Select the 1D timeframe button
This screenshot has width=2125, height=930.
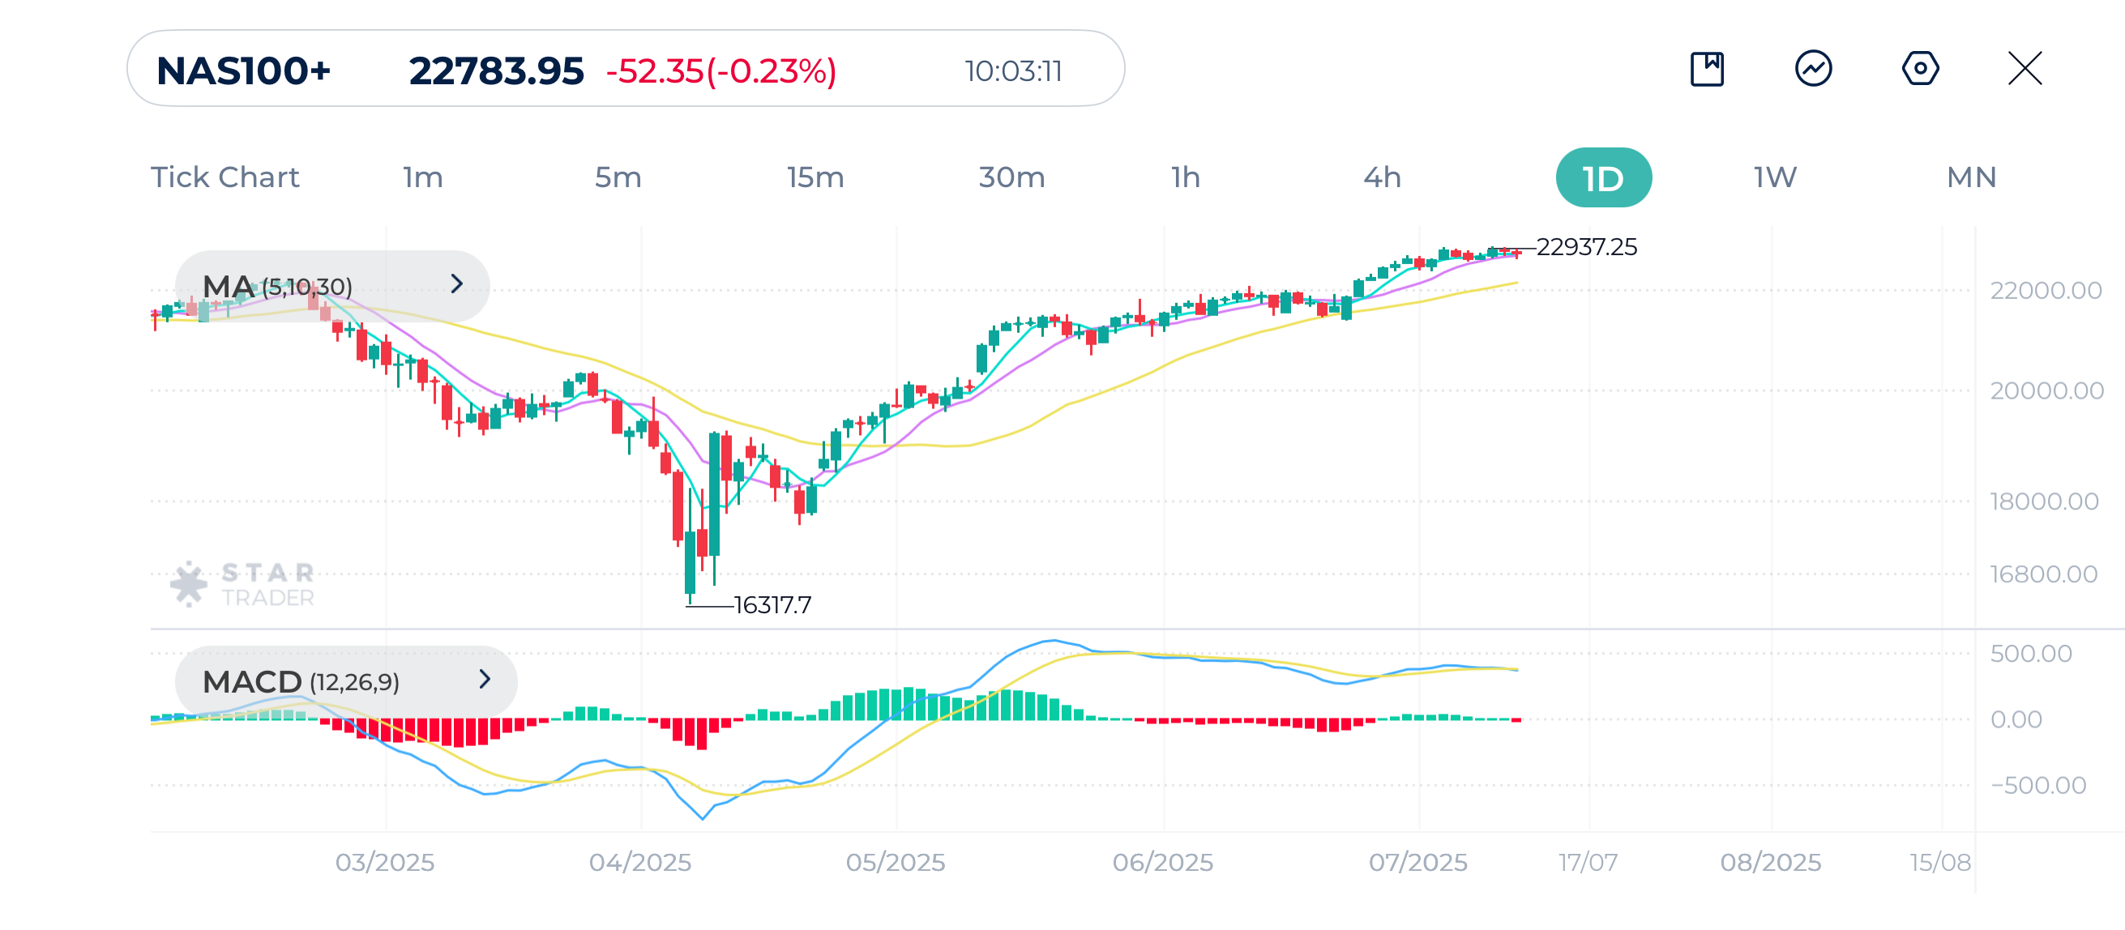1603,178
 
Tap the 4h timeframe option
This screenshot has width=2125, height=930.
1382,178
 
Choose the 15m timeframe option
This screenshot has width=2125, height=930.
815,178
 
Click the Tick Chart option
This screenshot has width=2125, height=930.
224,178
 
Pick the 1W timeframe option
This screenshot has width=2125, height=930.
1774,178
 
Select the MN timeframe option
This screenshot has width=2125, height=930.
1971,178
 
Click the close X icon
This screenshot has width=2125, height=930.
2025,68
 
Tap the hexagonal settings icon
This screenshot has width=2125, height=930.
1920,68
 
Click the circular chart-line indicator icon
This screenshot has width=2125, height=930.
1813,68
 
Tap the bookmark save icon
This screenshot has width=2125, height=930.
1707,68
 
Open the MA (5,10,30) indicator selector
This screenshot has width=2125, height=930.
331,286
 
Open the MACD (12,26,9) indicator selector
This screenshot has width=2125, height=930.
345,681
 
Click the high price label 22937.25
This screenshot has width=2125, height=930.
1585,247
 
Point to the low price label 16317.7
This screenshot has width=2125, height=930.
772,605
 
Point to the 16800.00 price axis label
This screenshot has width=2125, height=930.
2042,574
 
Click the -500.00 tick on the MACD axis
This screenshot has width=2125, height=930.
2037,785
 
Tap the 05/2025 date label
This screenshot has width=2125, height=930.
895,863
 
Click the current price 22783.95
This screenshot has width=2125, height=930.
496,72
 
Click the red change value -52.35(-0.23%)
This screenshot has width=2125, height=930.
721,72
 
